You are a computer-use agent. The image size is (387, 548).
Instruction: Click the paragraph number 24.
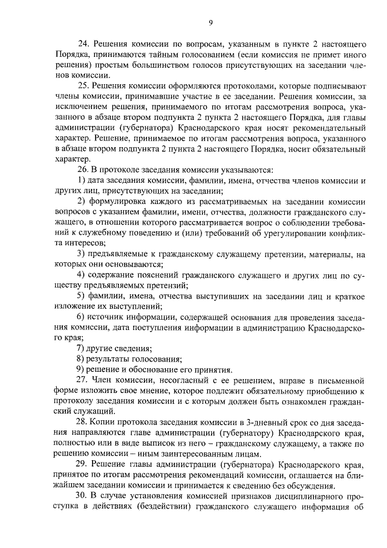tap(83, 44)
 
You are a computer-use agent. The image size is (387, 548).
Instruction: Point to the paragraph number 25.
tap(83, 86)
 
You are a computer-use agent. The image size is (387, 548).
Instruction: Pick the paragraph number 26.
tap(83, 170)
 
